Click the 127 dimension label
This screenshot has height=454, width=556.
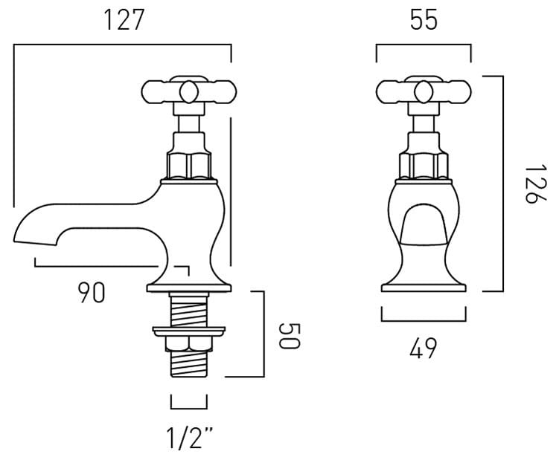pos(124,20)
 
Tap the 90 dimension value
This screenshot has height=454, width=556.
pos(92,293)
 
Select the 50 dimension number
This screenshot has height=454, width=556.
pos(290,336)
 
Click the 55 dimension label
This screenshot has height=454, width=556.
pos(424,20)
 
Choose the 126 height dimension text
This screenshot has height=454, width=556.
pos(535,184)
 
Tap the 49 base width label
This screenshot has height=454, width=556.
pos(424,348)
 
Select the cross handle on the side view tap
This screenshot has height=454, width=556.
pos(189,91)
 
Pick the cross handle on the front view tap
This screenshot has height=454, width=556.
pos(424,91)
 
